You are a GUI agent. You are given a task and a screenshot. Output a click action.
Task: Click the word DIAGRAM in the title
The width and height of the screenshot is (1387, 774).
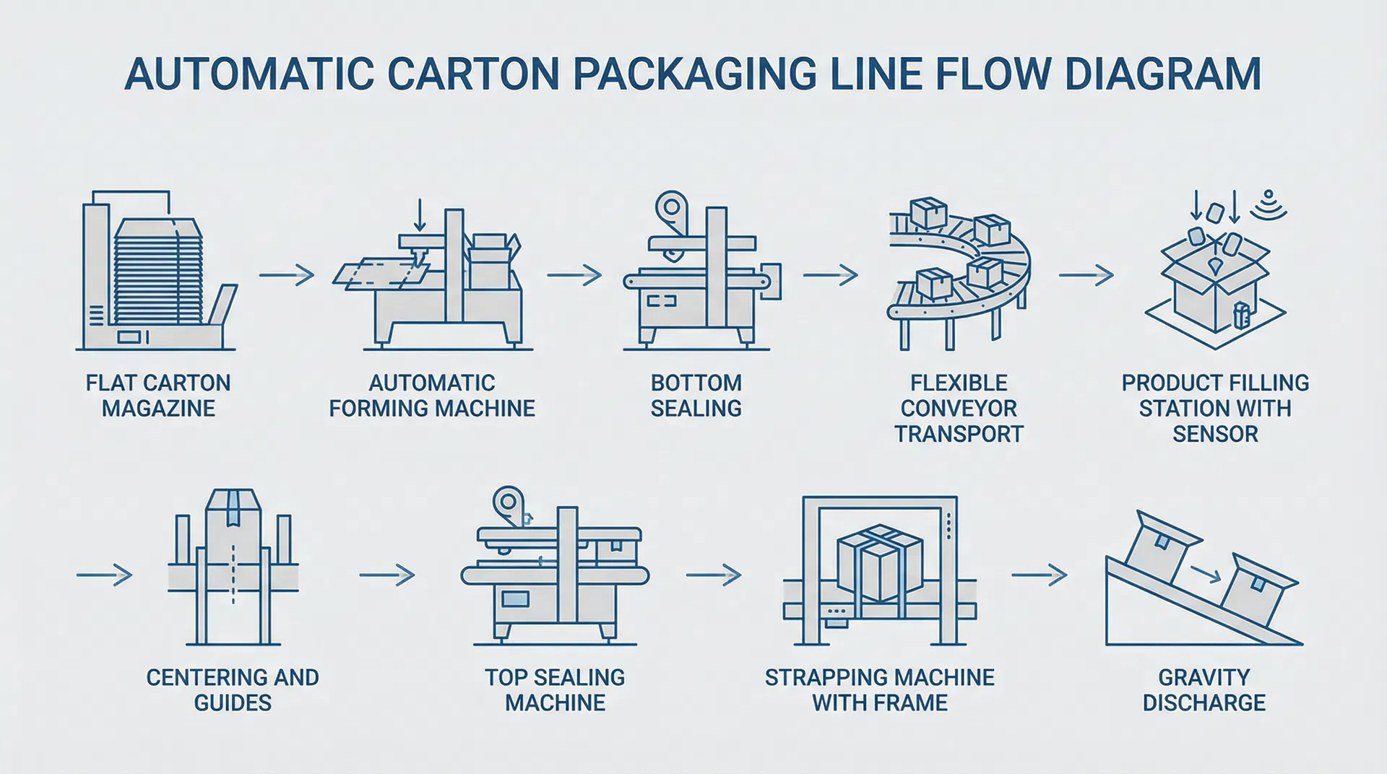pos(1162,73)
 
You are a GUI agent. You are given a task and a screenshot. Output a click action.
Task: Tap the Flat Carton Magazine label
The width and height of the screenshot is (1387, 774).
pos(158,395)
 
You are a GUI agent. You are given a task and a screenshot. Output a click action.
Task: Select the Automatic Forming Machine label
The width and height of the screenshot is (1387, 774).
pos(432,395)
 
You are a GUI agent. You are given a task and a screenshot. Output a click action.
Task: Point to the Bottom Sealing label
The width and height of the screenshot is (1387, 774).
pos(696,395)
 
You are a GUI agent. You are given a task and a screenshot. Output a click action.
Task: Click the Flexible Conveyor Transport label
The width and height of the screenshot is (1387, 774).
pos(959,408)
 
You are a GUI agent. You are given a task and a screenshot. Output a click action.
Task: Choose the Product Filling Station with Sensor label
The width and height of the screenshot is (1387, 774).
pos(1215,408)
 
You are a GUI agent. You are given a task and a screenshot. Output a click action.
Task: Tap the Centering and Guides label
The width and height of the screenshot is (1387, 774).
pos(233,690)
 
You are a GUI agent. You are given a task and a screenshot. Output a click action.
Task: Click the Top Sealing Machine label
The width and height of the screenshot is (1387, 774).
pos(555,690)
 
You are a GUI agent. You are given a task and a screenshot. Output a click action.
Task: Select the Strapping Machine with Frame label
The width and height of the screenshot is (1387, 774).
pos(879,690)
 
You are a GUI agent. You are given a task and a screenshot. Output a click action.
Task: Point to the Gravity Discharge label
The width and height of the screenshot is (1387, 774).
pos(1204,690)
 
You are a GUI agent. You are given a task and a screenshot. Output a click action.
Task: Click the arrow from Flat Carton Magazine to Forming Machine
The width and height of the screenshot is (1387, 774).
pos(286,275)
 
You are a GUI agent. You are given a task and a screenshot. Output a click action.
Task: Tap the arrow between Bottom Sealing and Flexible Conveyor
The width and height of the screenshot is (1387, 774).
pos(830,275)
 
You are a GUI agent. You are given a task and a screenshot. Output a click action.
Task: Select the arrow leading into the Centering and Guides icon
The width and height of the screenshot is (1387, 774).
pos(104,575)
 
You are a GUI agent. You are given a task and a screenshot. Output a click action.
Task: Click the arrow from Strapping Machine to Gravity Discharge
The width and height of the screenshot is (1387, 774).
pos(1039,575)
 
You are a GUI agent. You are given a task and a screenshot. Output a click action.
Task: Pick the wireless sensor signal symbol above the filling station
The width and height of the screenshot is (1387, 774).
pos(1269,205)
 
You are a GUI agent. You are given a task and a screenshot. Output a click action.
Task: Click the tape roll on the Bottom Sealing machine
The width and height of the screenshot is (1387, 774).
pos(671,206)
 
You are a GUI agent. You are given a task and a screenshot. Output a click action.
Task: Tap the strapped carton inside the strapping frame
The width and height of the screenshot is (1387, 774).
pos(879,562)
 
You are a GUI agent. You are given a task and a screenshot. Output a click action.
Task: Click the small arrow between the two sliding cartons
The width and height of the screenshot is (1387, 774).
pos(1205,574)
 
